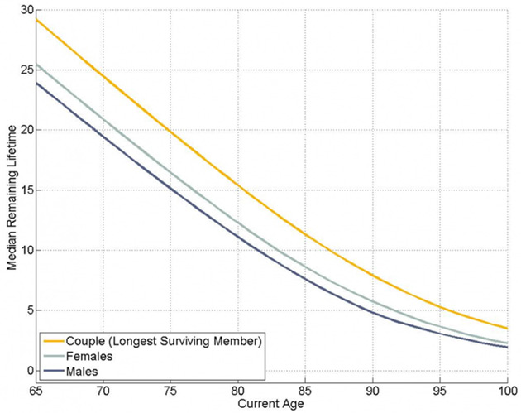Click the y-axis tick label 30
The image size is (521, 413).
click(x=25, y=11)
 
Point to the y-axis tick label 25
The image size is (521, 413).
click(x=25, y=70)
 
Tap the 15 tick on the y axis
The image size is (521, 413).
click(x=25, y=190)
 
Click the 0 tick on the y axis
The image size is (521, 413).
click(x=27, y=370)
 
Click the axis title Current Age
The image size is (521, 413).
click(x=270, y=405)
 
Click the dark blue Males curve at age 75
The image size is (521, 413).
click(x=170, y=188)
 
